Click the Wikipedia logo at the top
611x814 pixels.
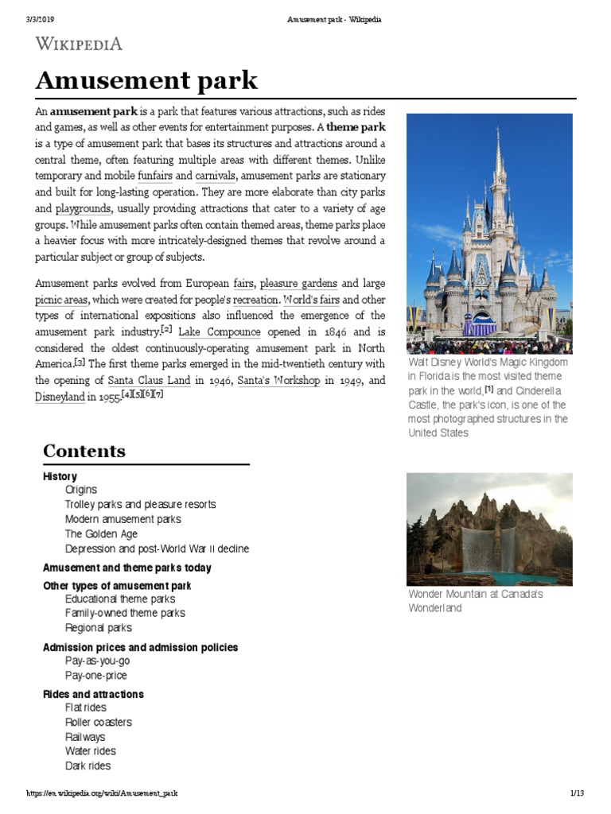click(79, 44)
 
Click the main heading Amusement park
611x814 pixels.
click(146, 80)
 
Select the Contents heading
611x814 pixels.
click(84, 451)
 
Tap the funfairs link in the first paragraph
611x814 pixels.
click(155, 175)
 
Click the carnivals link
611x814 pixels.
click(215, 175)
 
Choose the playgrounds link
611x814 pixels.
click(83, 209)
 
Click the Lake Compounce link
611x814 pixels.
click(219, 331)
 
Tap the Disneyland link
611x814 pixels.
click(60, 397)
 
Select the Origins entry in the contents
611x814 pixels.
click(81, 490)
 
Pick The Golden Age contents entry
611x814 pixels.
click(101, 534)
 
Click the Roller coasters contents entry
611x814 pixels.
click(99, 722)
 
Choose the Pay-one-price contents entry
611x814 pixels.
click(96, 676)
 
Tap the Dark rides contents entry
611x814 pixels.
click(88, 766)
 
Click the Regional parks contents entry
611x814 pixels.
click(99, 628)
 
